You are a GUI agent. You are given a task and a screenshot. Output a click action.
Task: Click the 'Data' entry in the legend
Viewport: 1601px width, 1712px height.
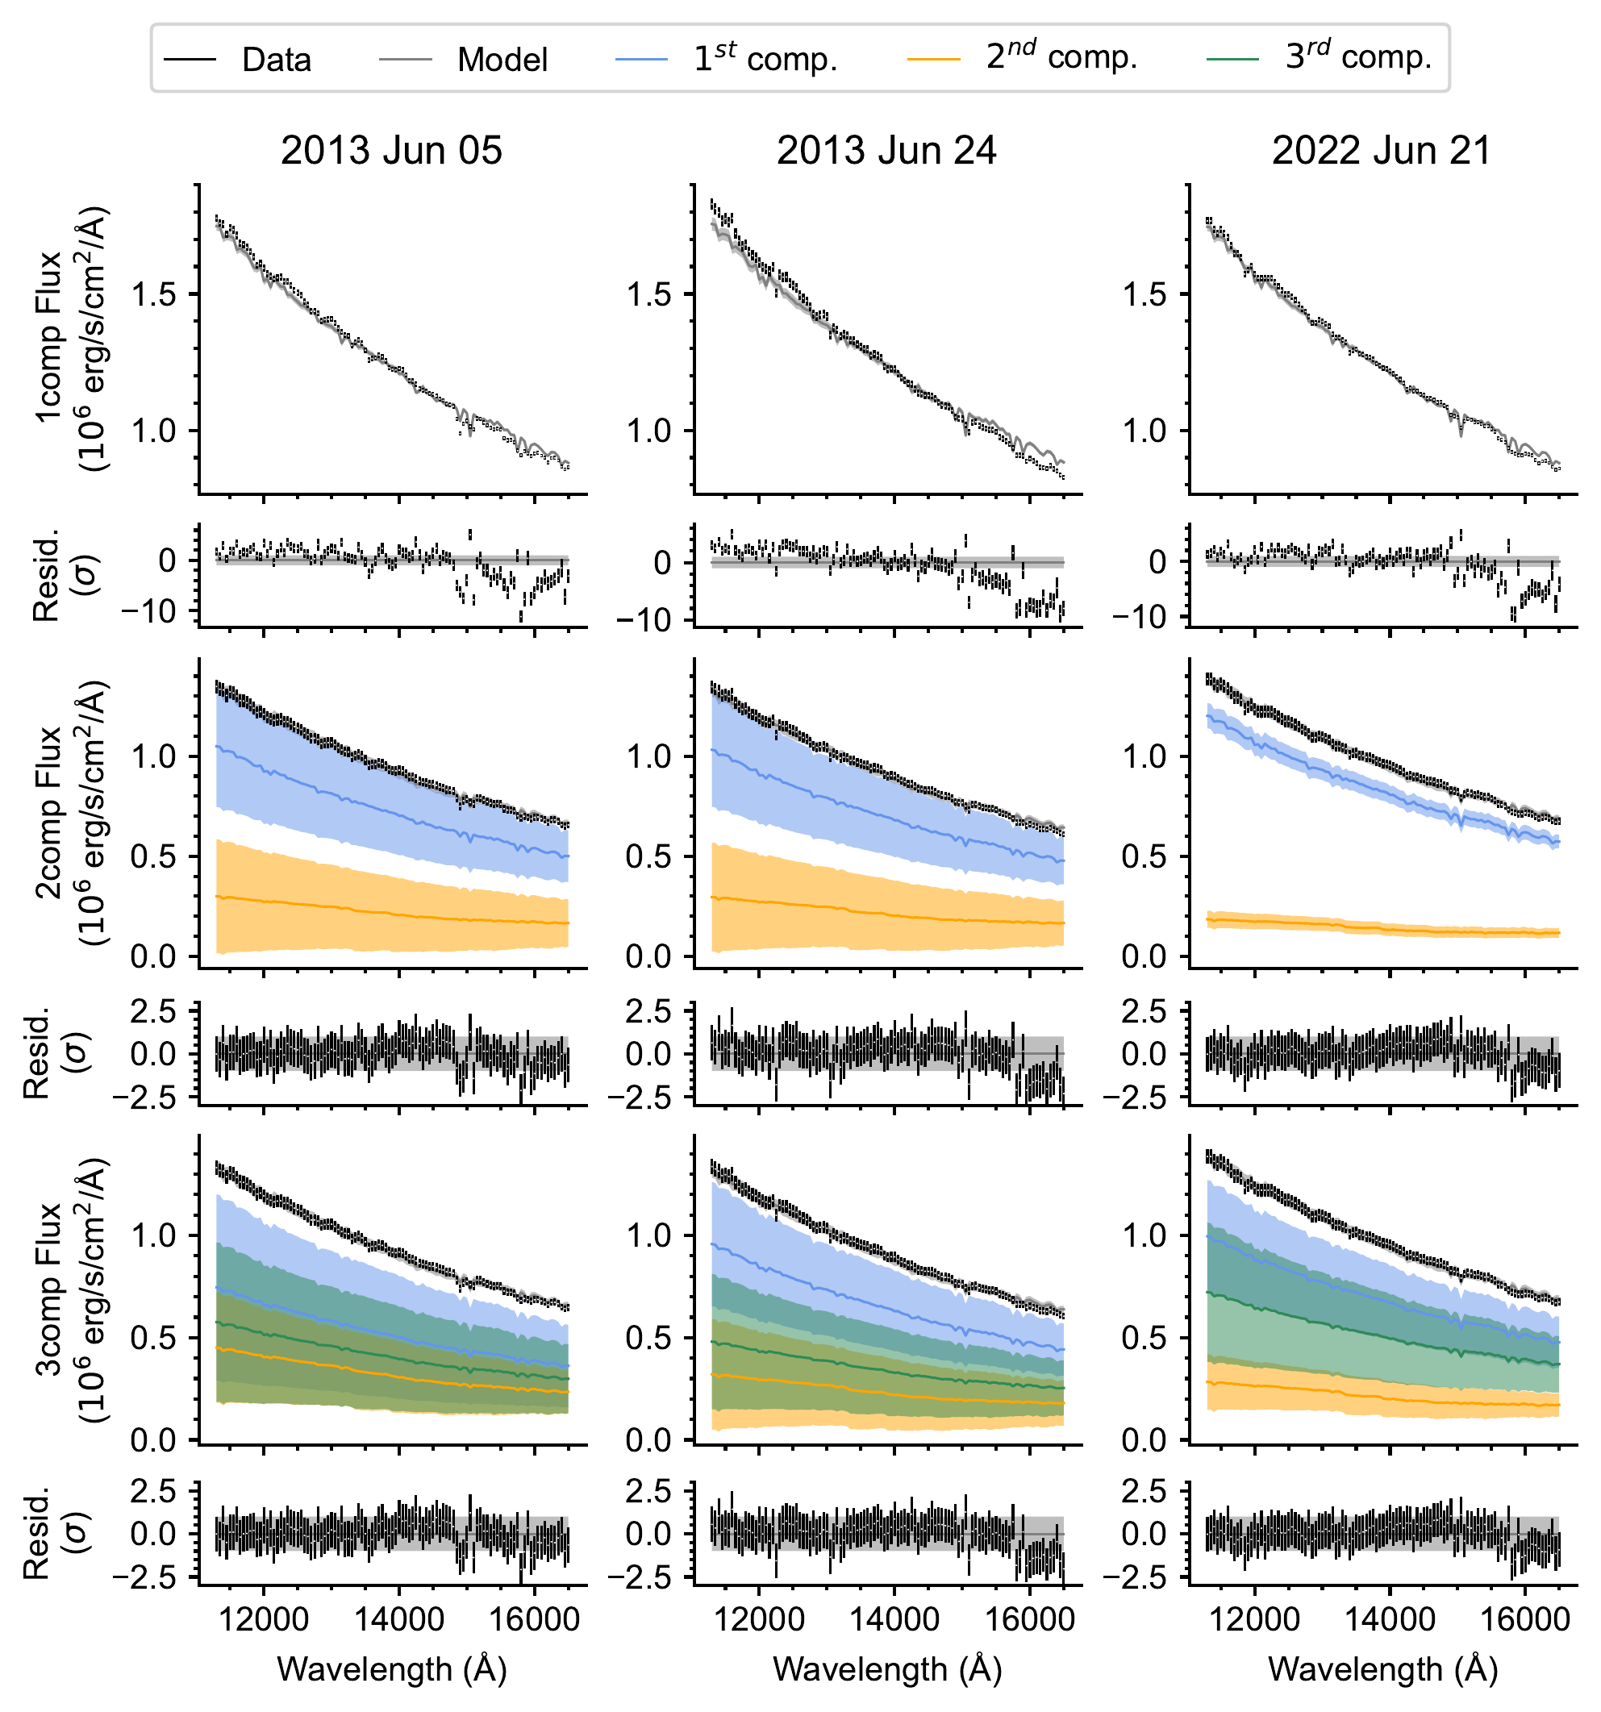pyautogui.click(x=238, y=60)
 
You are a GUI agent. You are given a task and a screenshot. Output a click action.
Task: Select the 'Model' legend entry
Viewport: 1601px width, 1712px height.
pyautogui.click(x=463, y=60)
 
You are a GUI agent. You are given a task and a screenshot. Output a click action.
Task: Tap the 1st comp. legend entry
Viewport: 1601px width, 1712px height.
pyautogui.click(x=727, y=58)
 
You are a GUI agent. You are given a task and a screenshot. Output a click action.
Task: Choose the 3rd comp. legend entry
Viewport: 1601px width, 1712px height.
pyautogui.click(x=1320, y=58)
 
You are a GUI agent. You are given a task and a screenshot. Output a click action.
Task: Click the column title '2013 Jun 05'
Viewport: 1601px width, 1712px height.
pyautogui.click(x=392, y=151)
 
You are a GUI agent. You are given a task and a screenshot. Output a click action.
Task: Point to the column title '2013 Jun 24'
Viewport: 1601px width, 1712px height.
pyautogui.click(x=887, y=151)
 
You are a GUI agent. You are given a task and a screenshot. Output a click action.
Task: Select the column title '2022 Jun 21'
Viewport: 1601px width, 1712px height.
pyautogui.click(x=1382, y=151)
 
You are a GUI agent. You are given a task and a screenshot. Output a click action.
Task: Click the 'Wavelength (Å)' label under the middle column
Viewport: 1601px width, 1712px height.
pyautogui.click(x=888, y=1668)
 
